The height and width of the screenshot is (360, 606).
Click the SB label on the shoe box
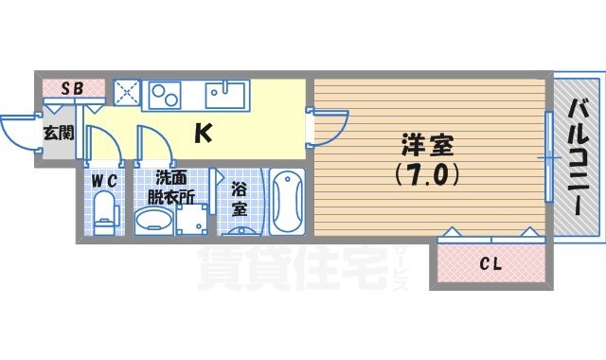coord(73,88)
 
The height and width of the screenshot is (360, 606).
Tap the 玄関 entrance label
coord(57,133)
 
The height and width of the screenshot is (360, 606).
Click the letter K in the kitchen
coord(203,134)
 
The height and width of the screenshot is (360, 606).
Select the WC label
coord(104,180)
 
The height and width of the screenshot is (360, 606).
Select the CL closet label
coord(490,262)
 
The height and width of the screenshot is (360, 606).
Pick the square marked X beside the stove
coord(126,92)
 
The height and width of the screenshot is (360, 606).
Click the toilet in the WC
coord(103,210)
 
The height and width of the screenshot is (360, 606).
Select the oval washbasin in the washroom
coord(153,222)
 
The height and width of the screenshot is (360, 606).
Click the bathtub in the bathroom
coord(286,201)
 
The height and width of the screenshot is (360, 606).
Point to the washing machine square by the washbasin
coord(191,220)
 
